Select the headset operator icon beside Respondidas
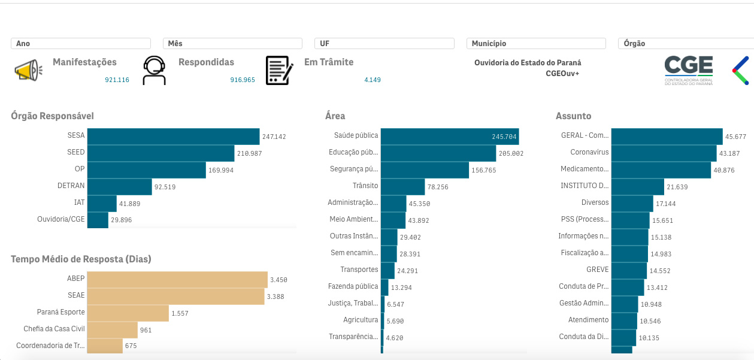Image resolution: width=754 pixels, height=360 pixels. click(x=154, y=71)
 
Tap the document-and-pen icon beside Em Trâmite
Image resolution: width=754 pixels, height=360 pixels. click(x=279, y=71)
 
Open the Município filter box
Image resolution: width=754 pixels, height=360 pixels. click(x=535, y=44)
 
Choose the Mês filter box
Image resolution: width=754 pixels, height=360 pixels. click(x=232, y=44)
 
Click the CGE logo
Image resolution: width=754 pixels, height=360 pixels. click(x=689, y=71)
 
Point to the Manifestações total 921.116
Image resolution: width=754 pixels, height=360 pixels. click(x=117, y=80)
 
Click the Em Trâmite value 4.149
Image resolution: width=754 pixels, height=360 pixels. click(x=372, y=80)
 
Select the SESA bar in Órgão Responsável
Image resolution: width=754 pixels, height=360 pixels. click(x=173, y=137)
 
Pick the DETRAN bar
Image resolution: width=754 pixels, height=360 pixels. click(x=119, y=187)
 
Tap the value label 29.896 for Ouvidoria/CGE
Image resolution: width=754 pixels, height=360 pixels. click(x=121, y=220)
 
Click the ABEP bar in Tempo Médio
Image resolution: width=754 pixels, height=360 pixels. click(x=177, y=280)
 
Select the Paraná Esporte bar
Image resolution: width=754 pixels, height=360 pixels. click(x=128, y=313)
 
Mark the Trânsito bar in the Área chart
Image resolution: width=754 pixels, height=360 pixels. click(x=402, y=187)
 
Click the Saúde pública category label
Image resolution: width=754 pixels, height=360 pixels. click(x=356, y=136)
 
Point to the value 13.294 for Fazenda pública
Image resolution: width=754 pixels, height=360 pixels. click(x=402, y=288)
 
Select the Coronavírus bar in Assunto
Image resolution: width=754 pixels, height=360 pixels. click(x=664, y=153)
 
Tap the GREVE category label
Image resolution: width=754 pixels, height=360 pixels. click(x=597, y=270)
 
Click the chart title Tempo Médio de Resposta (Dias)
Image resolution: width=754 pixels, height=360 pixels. click(x=81, y=259)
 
